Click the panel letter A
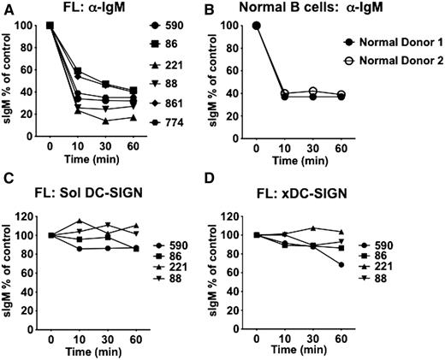pos(7,8)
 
